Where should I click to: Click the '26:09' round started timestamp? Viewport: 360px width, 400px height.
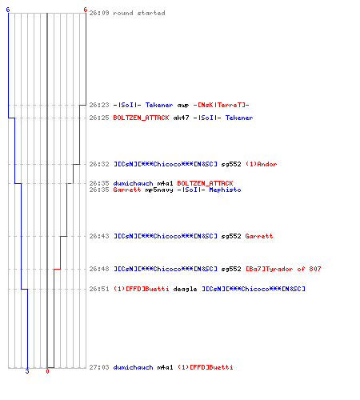(99, 13)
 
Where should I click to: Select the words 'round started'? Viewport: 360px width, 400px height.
(139, 13)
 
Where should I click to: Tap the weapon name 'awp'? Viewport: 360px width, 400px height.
(183, 106)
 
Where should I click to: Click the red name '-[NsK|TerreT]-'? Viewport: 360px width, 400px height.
(221, 105)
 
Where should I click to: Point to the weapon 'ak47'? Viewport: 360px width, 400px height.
(181, 118)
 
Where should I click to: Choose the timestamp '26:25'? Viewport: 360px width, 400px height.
(99, 118)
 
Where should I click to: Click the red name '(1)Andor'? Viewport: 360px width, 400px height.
(261, 164)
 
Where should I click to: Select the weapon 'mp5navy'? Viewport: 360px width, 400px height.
(159, 190)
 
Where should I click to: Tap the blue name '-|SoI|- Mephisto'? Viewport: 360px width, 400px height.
(209, 190)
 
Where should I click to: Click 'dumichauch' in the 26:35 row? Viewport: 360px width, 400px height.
(133, 183)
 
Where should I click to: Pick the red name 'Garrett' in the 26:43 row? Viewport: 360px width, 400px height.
(259, 236)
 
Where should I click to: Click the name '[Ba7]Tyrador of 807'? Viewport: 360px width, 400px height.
(283, 269)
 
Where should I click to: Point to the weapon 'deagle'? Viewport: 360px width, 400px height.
(185, 289)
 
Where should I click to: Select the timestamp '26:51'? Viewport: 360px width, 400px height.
(99, 289)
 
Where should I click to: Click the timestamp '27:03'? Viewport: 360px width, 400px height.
(99, 367)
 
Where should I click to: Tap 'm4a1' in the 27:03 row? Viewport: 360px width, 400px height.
(165, 367)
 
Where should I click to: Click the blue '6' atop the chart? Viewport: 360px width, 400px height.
(8, 10)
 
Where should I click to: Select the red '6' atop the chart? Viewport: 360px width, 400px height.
(85, 10)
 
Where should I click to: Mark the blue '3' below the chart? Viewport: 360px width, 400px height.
(27, 371)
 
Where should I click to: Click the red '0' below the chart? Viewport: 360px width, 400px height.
(47, 371)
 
